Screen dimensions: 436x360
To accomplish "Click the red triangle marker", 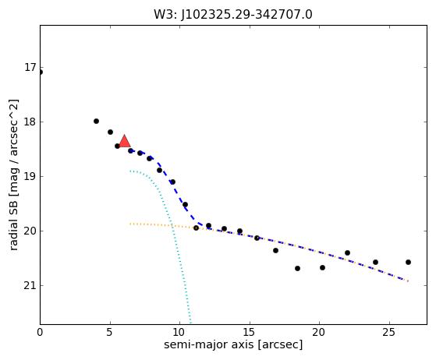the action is pos(124,141).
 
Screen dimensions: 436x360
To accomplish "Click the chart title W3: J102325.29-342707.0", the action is pos(233,15).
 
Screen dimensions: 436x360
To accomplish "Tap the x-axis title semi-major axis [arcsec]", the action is pos(233,344).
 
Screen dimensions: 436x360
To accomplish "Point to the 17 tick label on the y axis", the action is pos(30,67).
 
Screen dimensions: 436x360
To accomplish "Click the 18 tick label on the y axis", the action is pos(30,122).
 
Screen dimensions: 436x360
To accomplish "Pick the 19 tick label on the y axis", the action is pos(30,176).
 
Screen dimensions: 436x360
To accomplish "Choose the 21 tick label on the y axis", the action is pos(30,285).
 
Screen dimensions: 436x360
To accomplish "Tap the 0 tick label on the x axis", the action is pos(40,332).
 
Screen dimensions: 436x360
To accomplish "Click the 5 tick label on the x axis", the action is pos(110,332).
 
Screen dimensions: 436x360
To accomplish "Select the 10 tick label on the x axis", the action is pos(179,332).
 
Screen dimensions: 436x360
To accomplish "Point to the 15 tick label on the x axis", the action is pos(250,332).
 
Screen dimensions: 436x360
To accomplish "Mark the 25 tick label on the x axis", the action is pos(389,332).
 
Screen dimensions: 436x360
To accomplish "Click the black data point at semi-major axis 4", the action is pos(96,121).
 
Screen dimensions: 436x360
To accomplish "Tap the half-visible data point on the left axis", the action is pos(41,72).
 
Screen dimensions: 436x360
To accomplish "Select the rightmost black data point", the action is pos(408,263).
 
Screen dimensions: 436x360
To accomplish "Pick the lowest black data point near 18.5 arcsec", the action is pos(297,268).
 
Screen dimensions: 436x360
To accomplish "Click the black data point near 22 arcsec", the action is pos(347,252).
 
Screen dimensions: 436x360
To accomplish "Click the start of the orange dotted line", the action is pos(130,224).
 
